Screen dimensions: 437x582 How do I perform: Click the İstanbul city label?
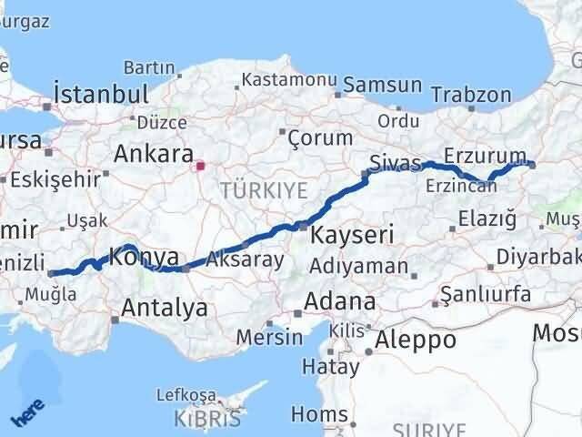click(x=100, y=94)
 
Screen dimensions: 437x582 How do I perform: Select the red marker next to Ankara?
click(x=200, y=166)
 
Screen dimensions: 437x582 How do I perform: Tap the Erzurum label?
click(x=486, y=154)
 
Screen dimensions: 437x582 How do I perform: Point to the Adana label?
click(x=340, y=300)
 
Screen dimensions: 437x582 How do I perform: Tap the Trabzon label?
click(x=471, y=95)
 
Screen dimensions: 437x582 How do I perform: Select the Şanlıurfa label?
click(x=485, y=293)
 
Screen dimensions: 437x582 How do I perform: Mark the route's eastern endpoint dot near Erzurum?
click(x=532, y=165)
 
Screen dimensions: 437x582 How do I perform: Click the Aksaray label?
click(x=246, y=259)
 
